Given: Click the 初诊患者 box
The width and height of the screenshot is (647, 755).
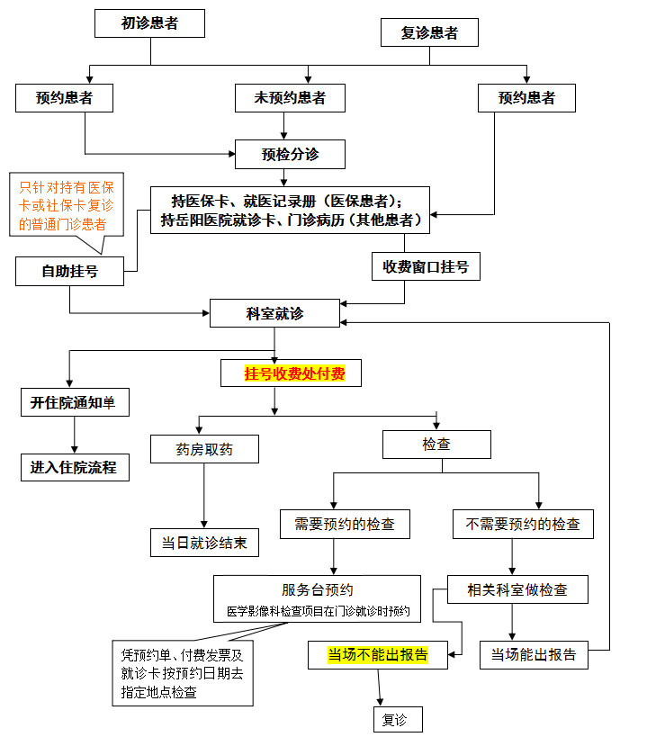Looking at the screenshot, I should coord(150,24).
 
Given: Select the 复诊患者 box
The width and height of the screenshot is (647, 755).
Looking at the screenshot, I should coord(429,33).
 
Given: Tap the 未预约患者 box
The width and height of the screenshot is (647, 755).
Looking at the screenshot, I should coord(290,98).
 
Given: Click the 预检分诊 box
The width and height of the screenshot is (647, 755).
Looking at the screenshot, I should coord(290,154).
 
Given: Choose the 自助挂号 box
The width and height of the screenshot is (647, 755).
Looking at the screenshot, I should coord(69,271).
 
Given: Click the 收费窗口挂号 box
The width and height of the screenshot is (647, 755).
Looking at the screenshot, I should coord(426,266).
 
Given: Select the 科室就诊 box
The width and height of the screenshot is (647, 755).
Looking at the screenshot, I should coord(274,313).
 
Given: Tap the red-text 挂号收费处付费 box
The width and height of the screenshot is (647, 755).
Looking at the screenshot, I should coord(291,373).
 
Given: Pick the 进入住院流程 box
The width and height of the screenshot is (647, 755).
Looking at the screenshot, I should coord(74,467).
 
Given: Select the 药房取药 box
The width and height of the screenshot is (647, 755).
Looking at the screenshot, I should coord(204,448).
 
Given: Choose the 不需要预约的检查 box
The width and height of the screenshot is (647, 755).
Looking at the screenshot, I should coord(523,524).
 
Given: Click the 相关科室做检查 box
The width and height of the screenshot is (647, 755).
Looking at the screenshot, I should coord(517,590).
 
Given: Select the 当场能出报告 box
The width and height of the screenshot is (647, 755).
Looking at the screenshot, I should coord(534,655).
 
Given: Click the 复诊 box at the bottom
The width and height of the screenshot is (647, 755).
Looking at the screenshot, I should coord(397,719).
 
